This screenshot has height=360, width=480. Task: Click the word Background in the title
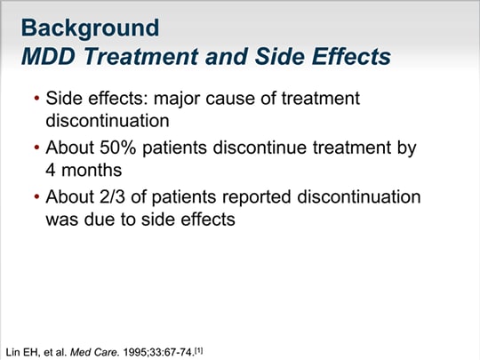[90, 28]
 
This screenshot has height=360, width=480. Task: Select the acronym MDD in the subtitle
[48, 57]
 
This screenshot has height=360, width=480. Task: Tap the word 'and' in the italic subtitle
[227, 57]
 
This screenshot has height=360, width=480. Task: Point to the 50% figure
[117, 148]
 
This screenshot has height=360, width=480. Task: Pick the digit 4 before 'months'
[51, 170]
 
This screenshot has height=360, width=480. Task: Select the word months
[92, 170]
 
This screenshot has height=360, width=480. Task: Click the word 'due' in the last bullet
[99, 220]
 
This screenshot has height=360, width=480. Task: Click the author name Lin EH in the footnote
[22, 352]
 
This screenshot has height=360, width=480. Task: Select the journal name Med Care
[94, 352]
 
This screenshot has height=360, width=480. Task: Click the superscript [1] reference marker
[199, 350]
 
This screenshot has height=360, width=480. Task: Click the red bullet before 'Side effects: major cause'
[37, 99]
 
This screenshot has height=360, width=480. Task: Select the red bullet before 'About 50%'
[37, 148]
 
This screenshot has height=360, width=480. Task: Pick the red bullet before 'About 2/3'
[37, 196]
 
